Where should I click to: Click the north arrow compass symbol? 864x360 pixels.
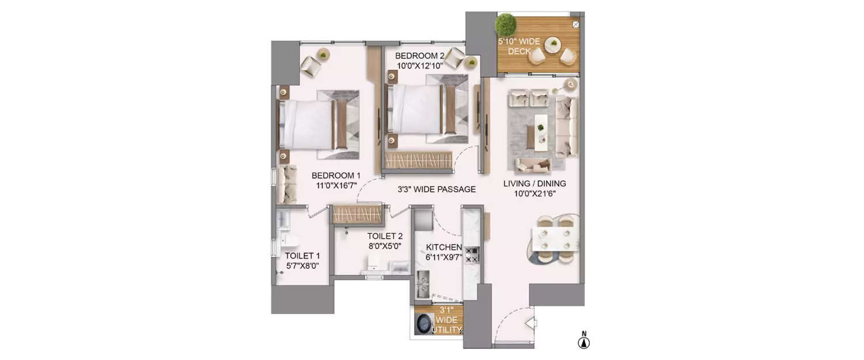584,343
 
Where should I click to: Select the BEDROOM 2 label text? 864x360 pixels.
419,60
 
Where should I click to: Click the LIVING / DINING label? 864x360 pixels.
535,188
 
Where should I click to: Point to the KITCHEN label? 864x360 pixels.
444,252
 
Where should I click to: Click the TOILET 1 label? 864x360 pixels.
302,260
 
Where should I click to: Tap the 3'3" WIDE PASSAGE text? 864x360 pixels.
437,189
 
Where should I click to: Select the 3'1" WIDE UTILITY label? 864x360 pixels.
448,320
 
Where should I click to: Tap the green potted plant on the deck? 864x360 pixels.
506,25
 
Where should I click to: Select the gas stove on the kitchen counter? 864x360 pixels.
472,255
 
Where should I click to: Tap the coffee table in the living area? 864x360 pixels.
541,131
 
